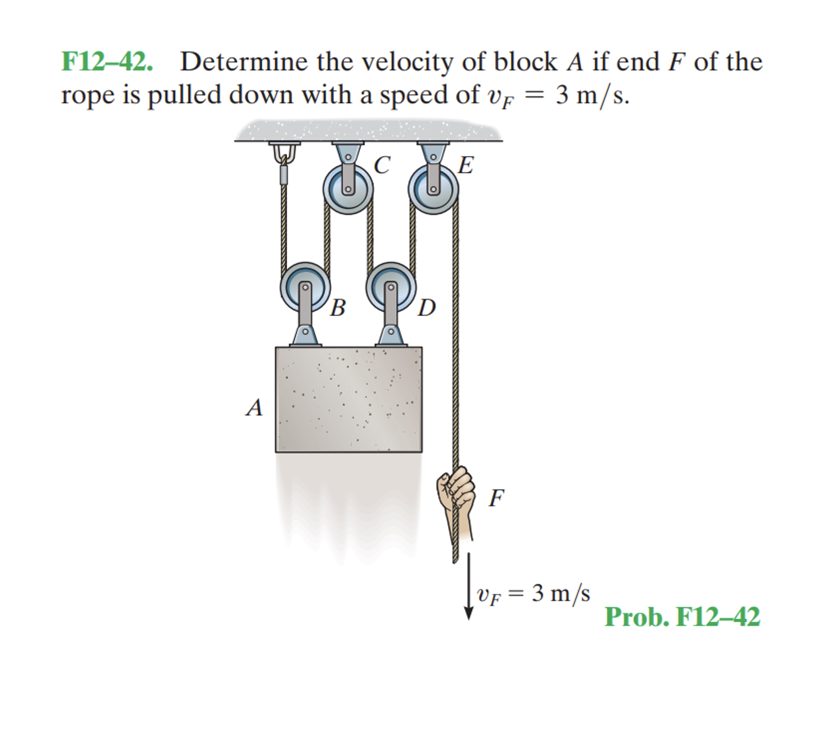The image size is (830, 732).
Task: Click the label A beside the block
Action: (x=254, y=408)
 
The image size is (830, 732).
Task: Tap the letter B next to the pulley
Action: (x=338, y=308)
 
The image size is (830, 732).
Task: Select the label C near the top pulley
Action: (x=382, y=165)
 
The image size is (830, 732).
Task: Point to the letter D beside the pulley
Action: (x=426, y=308)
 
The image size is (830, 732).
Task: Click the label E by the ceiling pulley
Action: (x=466, y=165)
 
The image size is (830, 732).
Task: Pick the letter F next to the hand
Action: (x=496, y=498)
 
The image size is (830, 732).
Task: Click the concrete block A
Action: (x=349, y=399)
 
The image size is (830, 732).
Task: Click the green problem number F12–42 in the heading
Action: (x=107, y=62)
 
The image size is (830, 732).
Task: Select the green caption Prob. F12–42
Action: (x=682, y=617)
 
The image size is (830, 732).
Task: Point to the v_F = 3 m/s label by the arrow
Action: (x=533, y=593)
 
